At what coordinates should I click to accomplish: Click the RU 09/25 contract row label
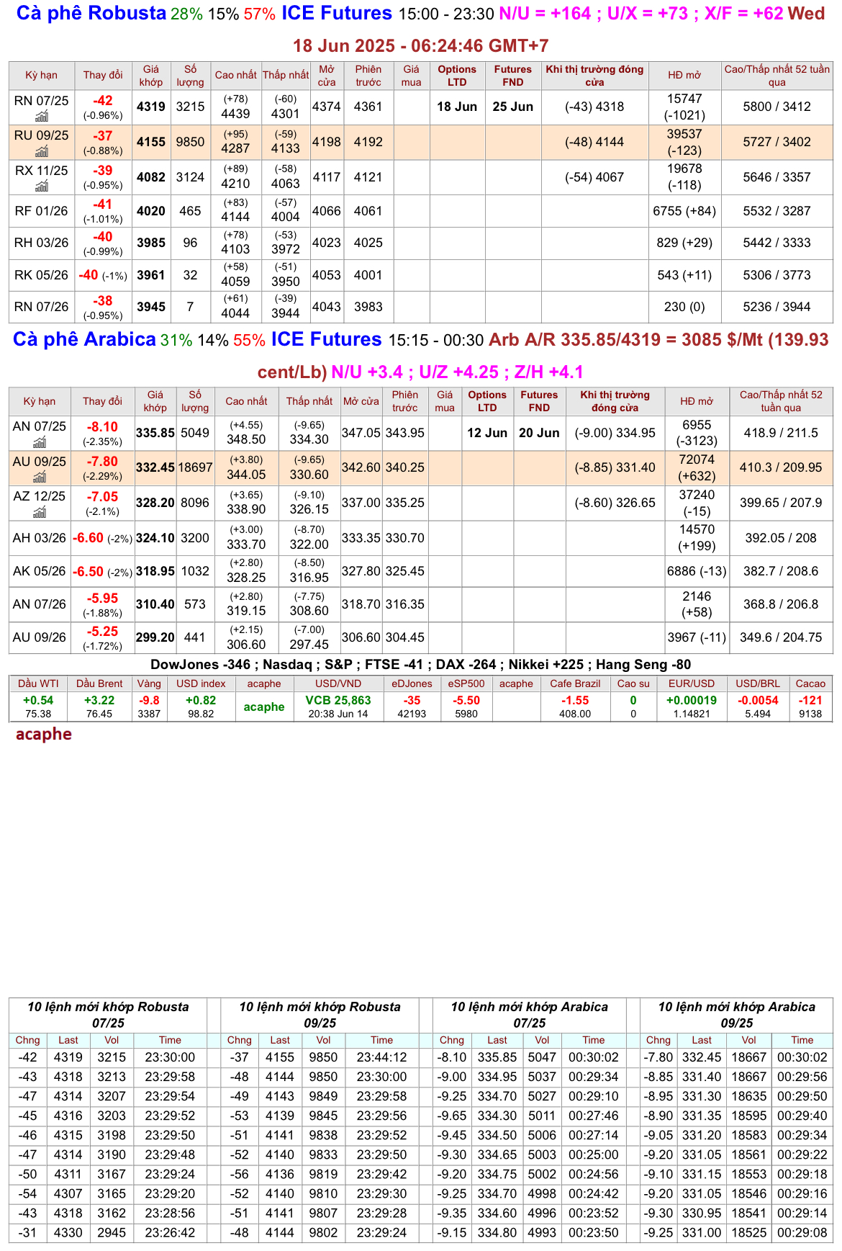[x=41, y=135]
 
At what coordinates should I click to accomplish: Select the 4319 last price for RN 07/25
[x=151, y=107]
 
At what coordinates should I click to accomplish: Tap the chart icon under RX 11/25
[x=42, y=187]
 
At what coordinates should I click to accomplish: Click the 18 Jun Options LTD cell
[x=457, y=107]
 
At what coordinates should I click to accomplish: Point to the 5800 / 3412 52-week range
[x=777, y=107]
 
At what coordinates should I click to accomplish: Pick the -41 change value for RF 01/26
[x=103, y=205]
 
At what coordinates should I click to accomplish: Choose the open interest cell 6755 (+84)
[x=684, y=211]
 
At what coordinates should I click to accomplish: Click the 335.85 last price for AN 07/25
[x=155, y=433]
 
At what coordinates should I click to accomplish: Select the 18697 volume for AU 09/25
[x=195, y=467]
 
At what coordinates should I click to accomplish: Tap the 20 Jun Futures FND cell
[x=539, y=433]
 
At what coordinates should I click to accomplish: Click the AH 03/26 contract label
[x=40, y=538]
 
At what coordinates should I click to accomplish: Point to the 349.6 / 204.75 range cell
[x=781, y=637]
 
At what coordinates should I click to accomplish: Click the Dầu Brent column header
[x=99, y=683]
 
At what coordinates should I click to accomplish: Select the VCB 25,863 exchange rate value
[x=338, y=700]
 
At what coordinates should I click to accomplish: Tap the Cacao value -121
[x=810, y=700]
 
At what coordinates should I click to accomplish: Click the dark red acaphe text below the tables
[x=44, y=735]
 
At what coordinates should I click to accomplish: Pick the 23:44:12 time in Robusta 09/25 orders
[x=381, y=1057]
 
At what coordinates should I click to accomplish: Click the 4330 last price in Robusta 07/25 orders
[x=68, y=1232]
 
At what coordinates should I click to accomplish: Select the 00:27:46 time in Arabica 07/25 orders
[x=594, y=1116]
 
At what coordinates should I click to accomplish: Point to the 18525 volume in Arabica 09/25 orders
[x=749, y=1232]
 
